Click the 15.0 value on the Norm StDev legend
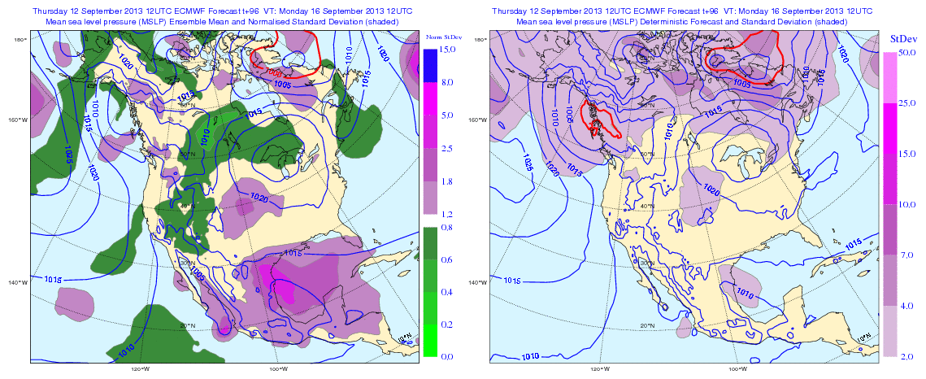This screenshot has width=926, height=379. pyautogui.click(x=446, y=50)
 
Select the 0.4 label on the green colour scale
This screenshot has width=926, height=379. pyautogui.click(x=446, y=291)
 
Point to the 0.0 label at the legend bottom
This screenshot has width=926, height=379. pyautogui.click(x=446, y=356)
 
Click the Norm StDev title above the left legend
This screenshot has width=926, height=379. pyautogui.click(x=444, y=37)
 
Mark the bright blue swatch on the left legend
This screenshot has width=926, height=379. pyautogui.click(x=431, y=66)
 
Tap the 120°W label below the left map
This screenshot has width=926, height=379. pyautogui.click(x=140, y=368)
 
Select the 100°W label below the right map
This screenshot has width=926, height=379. pyautogui.click(x=738, y=368)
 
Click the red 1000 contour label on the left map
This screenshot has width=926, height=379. pyautogui.click(x=274, y=72)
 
